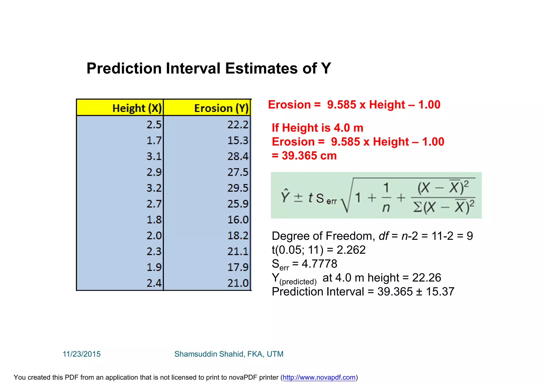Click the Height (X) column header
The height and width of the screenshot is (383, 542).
tap(137, 108)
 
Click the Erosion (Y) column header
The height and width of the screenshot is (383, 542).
tap(221, 108)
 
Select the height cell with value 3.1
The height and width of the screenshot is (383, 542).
tap(154, 156)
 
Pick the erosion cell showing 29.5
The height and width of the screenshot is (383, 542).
tap(238, 188)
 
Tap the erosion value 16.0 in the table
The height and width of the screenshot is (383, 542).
tap(238, 220)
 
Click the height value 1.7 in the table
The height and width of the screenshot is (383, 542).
tap(154, 140)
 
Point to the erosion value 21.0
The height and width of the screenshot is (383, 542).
tap(238, 283)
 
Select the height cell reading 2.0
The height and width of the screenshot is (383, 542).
tap(154, 235)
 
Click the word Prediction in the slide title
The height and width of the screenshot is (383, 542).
tap(124, 68)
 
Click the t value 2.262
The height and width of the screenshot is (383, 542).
tap(351, 250)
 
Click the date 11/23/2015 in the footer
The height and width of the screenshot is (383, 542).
tap(82, 354)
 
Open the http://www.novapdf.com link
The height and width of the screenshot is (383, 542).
tap(319, 377)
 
